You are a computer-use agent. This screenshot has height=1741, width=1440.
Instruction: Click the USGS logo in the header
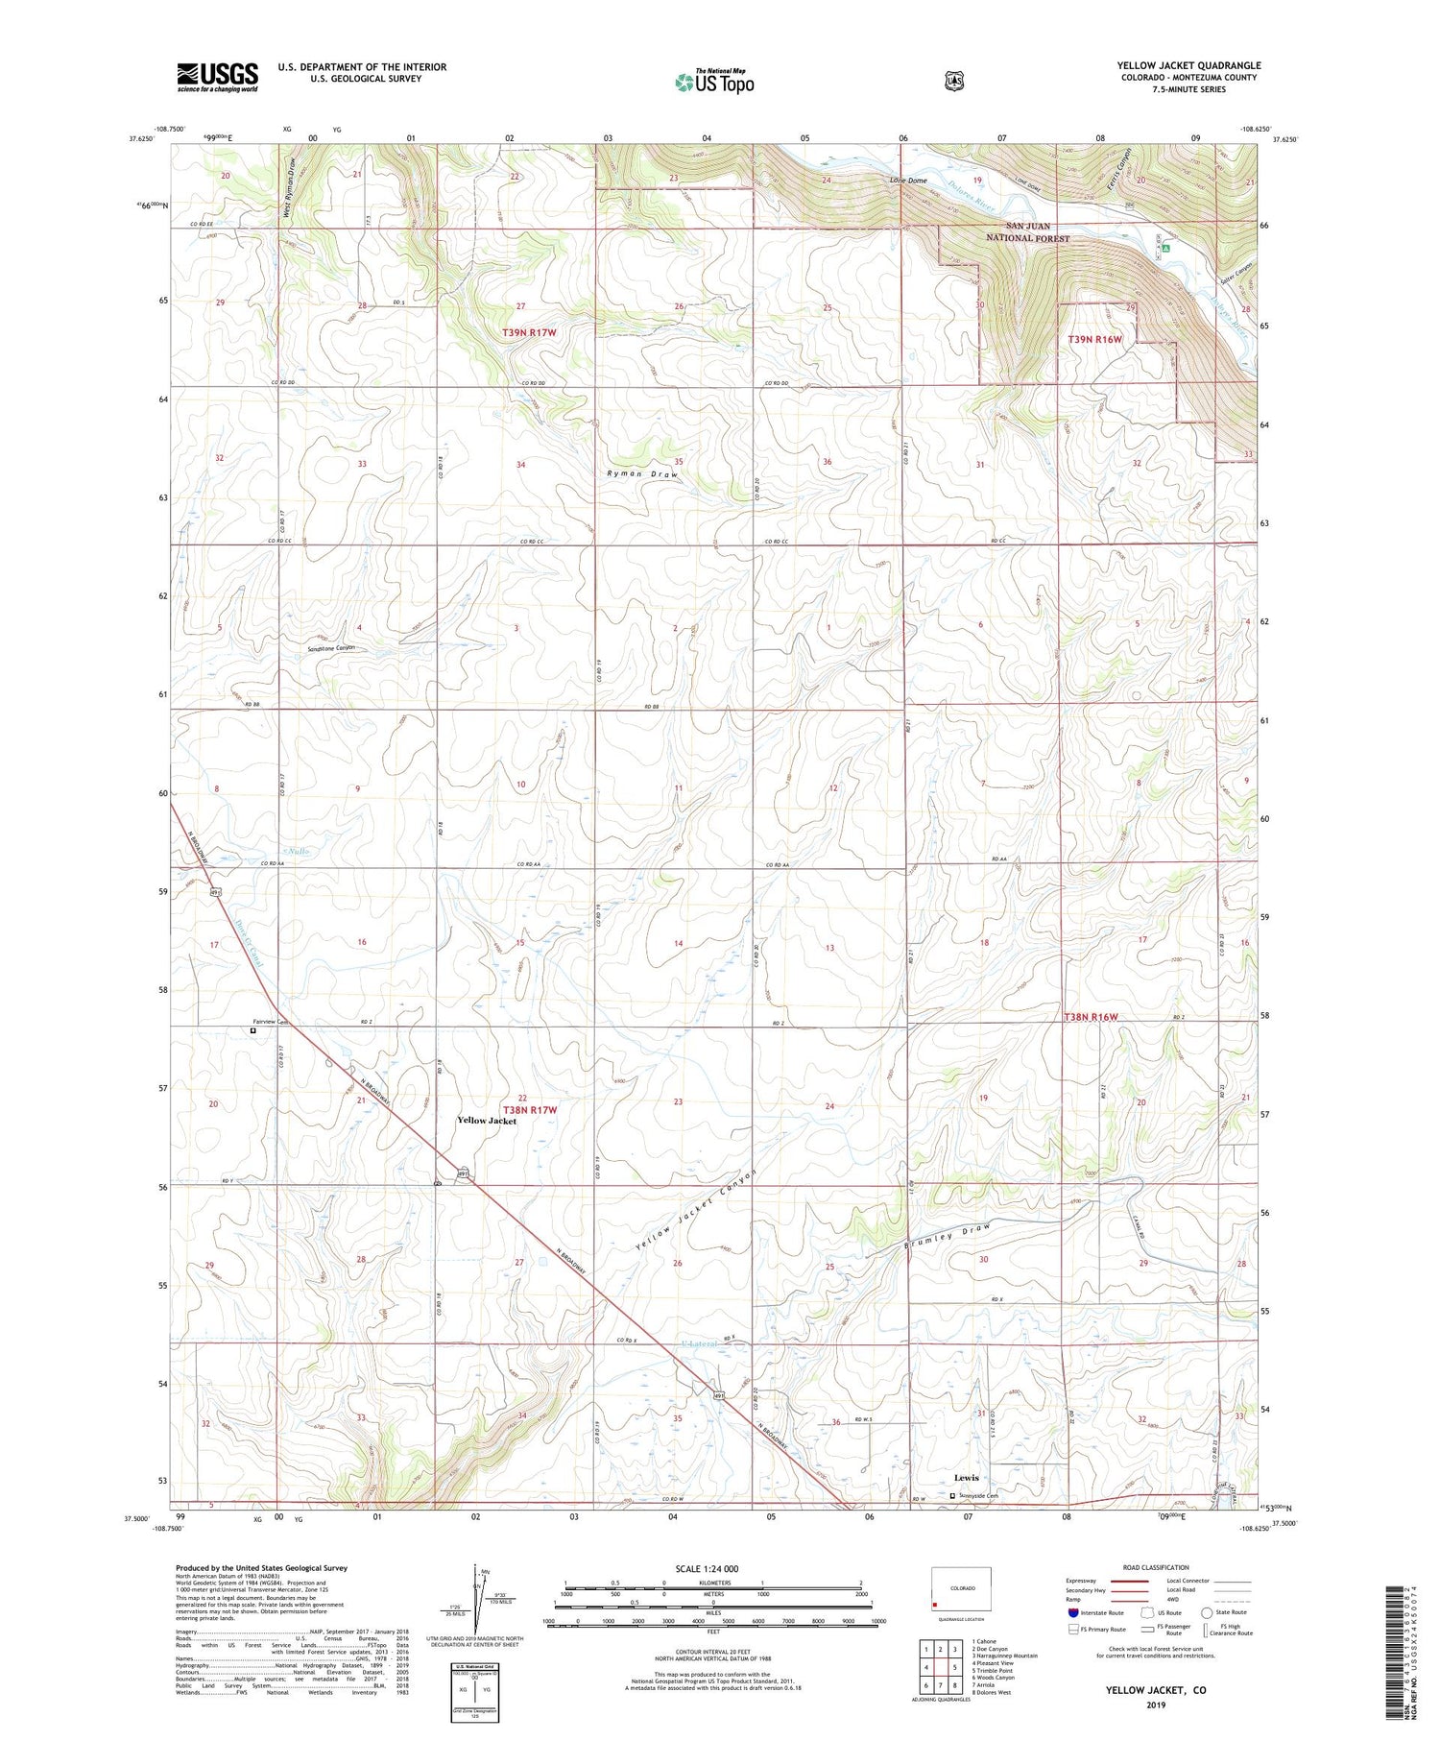tap(217, 77)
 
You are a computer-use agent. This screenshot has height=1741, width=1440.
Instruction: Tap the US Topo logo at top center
tap(715, 82)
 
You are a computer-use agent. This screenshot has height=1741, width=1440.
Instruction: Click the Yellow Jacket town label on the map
tap(486, 1121)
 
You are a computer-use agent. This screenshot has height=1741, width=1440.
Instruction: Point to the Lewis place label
tap(966, 1478)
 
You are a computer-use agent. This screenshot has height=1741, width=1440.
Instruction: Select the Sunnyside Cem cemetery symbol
tap(953, 1495)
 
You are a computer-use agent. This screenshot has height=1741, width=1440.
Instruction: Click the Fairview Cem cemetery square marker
tap(253, 1030)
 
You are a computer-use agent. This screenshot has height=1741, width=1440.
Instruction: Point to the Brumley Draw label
tap(947, 1237)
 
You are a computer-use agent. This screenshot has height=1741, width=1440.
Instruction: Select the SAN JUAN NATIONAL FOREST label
tap(1027, 231)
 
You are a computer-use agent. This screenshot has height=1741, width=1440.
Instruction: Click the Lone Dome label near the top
tap(908, 181)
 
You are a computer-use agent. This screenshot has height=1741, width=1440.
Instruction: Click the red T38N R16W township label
tap(1092, 1016)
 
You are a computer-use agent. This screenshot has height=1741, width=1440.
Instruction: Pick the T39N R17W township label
tap(529, 332)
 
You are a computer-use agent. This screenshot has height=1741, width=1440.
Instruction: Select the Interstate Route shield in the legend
tap(1073, 1612)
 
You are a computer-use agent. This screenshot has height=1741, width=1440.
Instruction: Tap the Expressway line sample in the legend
tap(1137, 1581)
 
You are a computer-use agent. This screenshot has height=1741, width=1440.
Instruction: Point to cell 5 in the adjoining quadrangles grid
tap(954, 1668)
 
